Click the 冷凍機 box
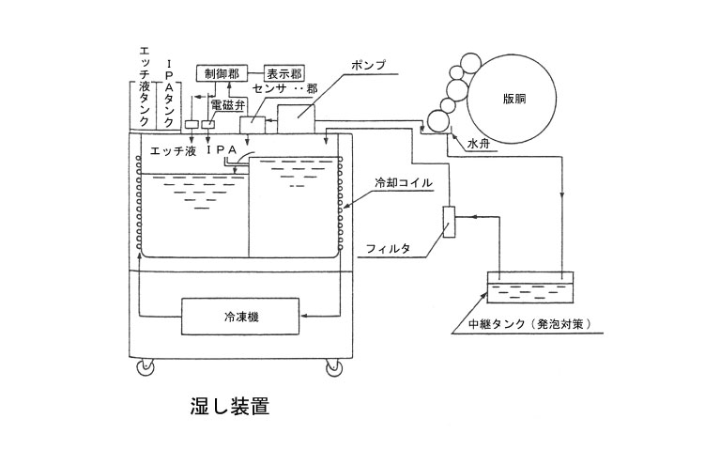(x=241, y=317)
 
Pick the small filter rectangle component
(x=450, y=222)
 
